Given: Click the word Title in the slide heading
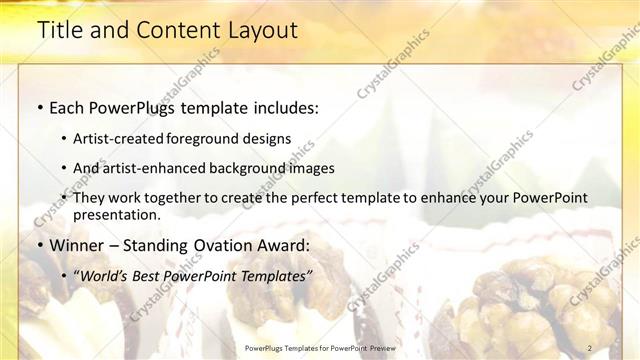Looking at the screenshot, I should click(59, 31).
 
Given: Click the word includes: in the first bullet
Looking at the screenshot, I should click(282, 108).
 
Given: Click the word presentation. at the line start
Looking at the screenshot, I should click(116, 214).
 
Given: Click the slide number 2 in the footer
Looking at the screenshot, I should click(590, 347).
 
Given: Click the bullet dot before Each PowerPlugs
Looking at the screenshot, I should click(39, 108).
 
